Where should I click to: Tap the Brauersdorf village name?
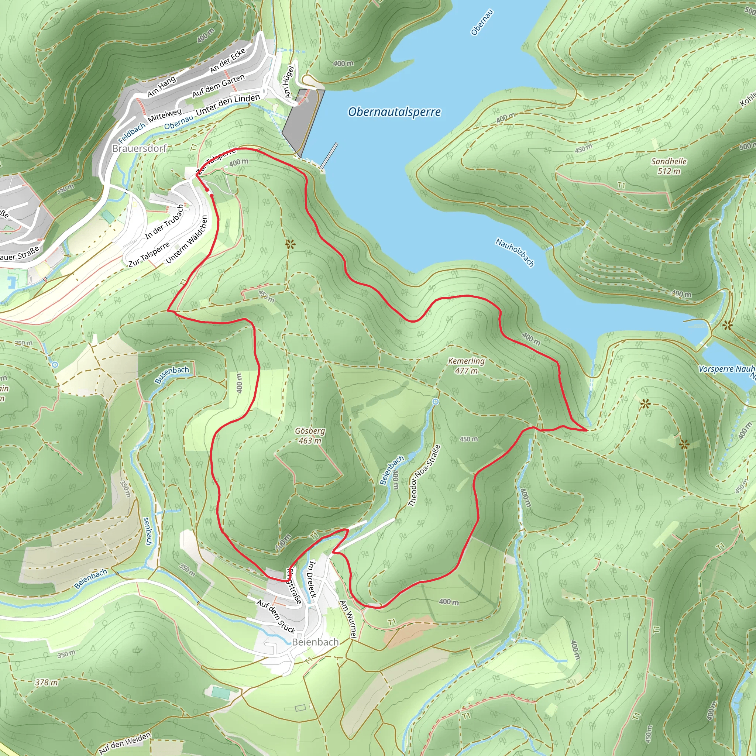139,148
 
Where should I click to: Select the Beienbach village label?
315,642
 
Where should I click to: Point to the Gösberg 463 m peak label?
310,436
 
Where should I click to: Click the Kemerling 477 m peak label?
466,365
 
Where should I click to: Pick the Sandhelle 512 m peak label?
669,166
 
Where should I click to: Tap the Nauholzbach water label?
515,252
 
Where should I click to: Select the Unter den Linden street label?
228,105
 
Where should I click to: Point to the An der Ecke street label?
228,60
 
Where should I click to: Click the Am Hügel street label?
289,81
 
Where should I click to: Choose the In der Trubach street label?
164,222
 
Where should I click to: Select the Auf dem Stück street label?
276,616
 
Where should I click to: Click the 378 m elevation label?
47,683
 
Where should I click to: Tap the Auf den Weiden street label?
125,743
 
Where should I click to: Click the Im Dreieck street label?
312,579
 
